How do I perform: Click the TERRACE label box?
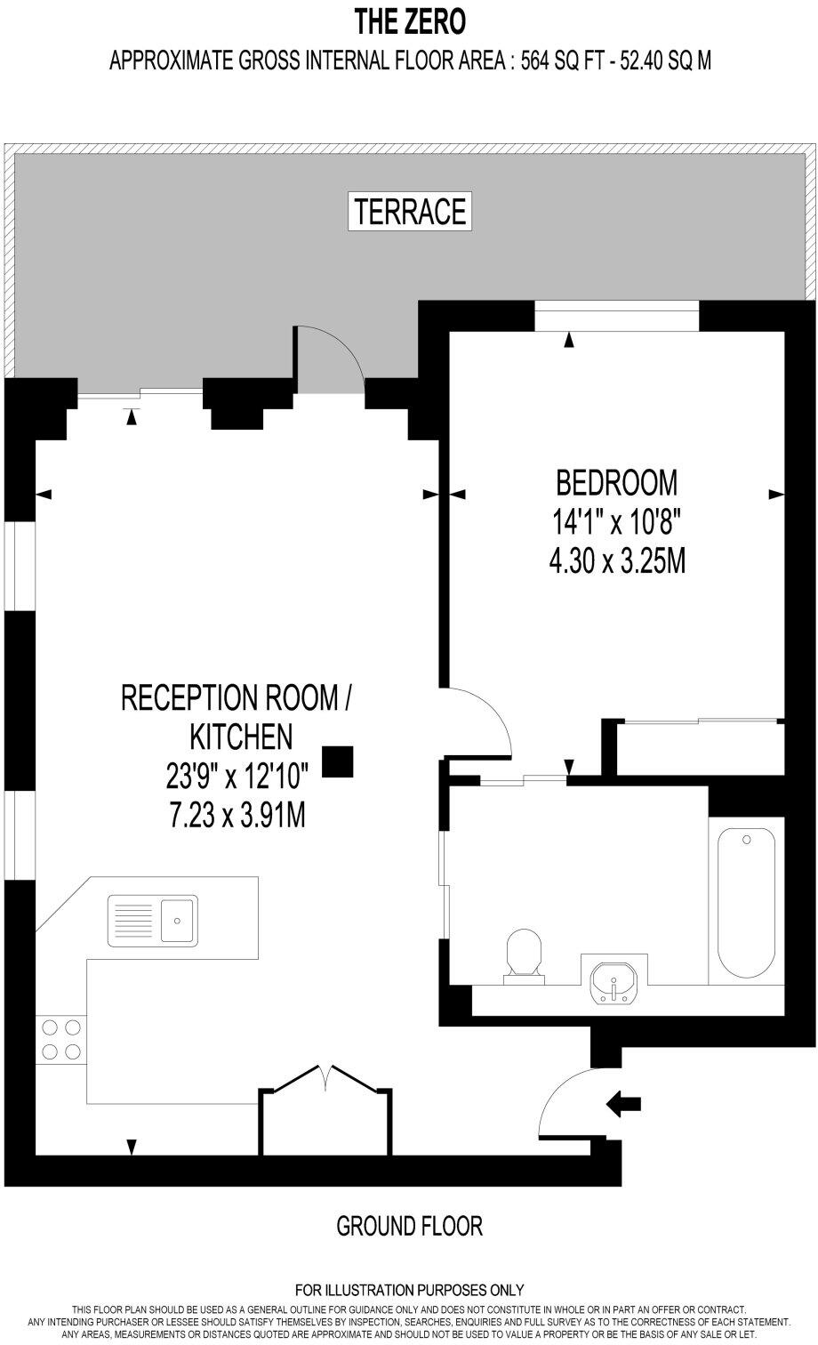click(409, 212)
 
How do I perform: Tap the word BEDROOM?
click(616, 482)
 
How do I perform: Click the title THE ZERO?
click(409, 20)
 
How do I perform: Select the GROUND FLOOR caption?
click(409, 1227)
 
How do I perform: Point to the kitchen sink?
click(153, 921)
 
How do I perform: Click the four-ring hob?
click(60, 1039)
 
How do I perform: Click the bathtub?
click(746, 902)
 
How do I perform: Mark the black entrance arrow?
click(623, 1104)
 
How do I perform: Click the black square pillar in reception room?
click(337, 761)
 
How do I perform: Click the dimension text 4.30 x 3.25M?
click(616, 562)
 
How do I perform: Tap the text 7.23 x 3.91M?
click(237, 815)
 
